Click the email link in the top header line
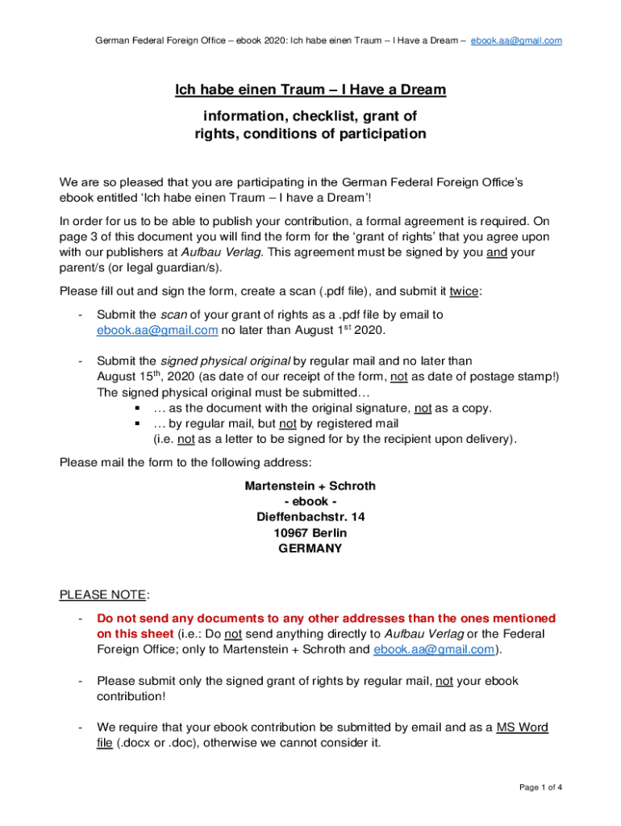(516, 40)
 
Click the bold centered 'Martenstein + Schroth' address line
(310, 486)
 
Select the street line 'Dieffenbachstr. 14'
(310, 517)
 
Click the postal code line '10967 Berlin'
(310, 533)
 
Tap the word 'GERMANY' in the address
(310, 549)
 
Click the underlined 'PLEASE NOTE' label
(102, 595)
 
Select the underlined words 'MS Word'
(522, 727)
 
